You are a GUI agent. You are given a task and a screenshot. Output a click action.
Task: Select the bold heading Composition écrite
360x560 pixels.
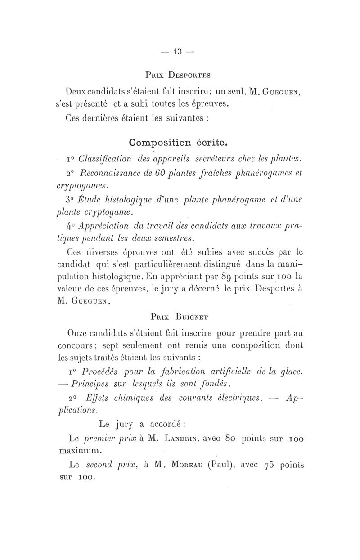(178, 143)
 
